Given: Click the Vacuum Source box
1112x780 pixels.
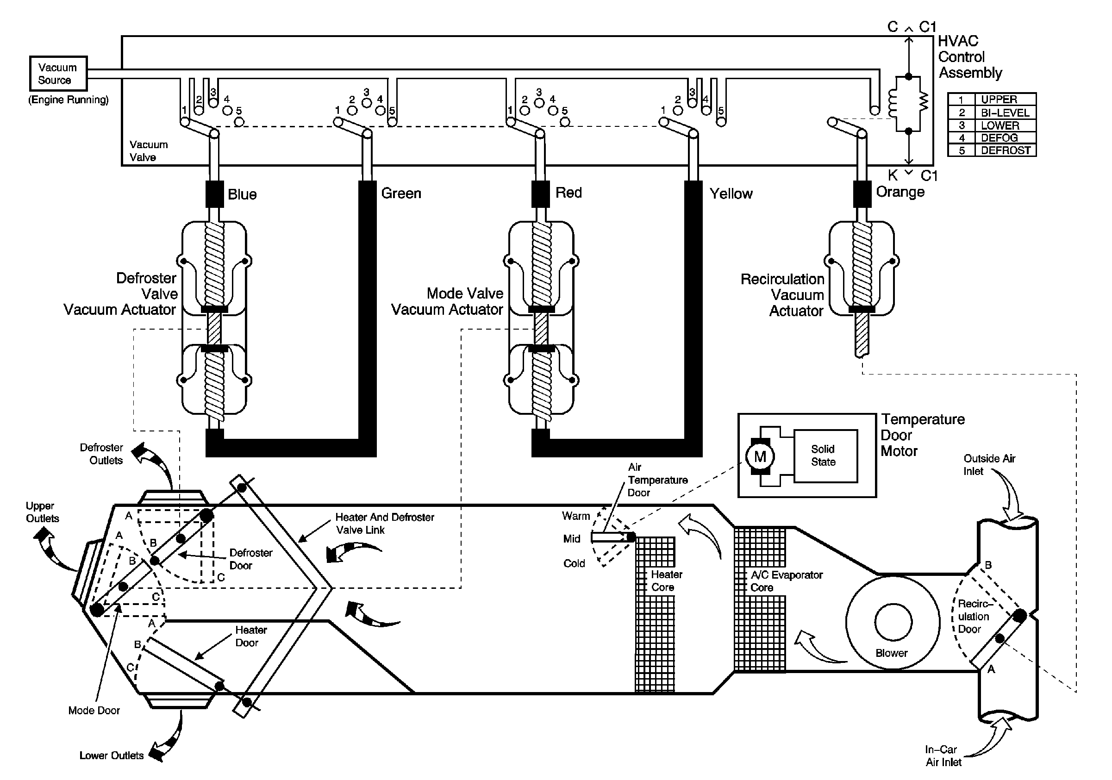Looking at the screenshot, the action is [x=58, y=74].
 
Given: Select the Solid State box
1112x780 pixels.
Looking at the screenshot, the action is [x=825, y=456].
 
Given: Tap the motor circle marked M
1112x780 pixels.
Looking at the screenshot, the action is [x=760, y=456].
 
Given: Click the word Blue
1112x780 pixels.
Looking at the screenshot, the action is [x=242, y=194].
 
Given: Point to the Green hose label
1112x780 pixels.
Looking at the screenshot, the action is [x=401, y=193].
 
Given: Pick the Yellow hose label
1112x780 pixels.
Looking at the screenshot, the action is [x=731, y=193].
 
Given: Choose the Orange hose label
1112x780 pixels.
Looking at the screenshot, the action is [x=900, y=192].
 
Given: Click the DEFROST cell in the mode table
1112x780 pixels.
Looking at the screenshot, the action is [x=1006, y=150].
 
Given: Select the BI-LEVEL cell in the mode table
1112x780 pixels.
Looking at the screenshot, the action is [x=1006, y=112].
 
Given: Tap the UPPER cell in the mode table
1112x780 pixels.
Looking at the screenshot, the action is [x=1006, y=99].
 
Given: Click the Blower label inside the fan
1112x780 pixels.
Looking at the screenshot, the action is [x=892, y=653].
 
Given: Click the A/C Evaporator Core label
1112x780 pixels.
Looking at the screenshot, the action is [x=787, y=581].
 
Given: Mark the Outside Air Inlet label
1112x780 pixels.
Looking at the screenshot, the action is [x=989, y=465].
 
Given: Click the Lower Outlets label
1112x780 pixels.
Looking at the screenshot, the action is [x=112, y=755].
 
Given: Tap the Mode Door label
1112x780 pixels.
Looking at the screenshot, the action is [x=94, y=710].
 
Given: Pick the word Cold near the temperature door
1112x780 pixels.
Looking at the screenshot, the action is [x=574, y=563].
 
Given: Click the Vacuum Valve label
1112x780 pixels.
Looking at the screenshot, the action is [x=148, y=150].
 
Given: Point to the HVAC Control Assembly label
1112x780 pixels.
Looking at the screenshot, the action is [x=969, y=56].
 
